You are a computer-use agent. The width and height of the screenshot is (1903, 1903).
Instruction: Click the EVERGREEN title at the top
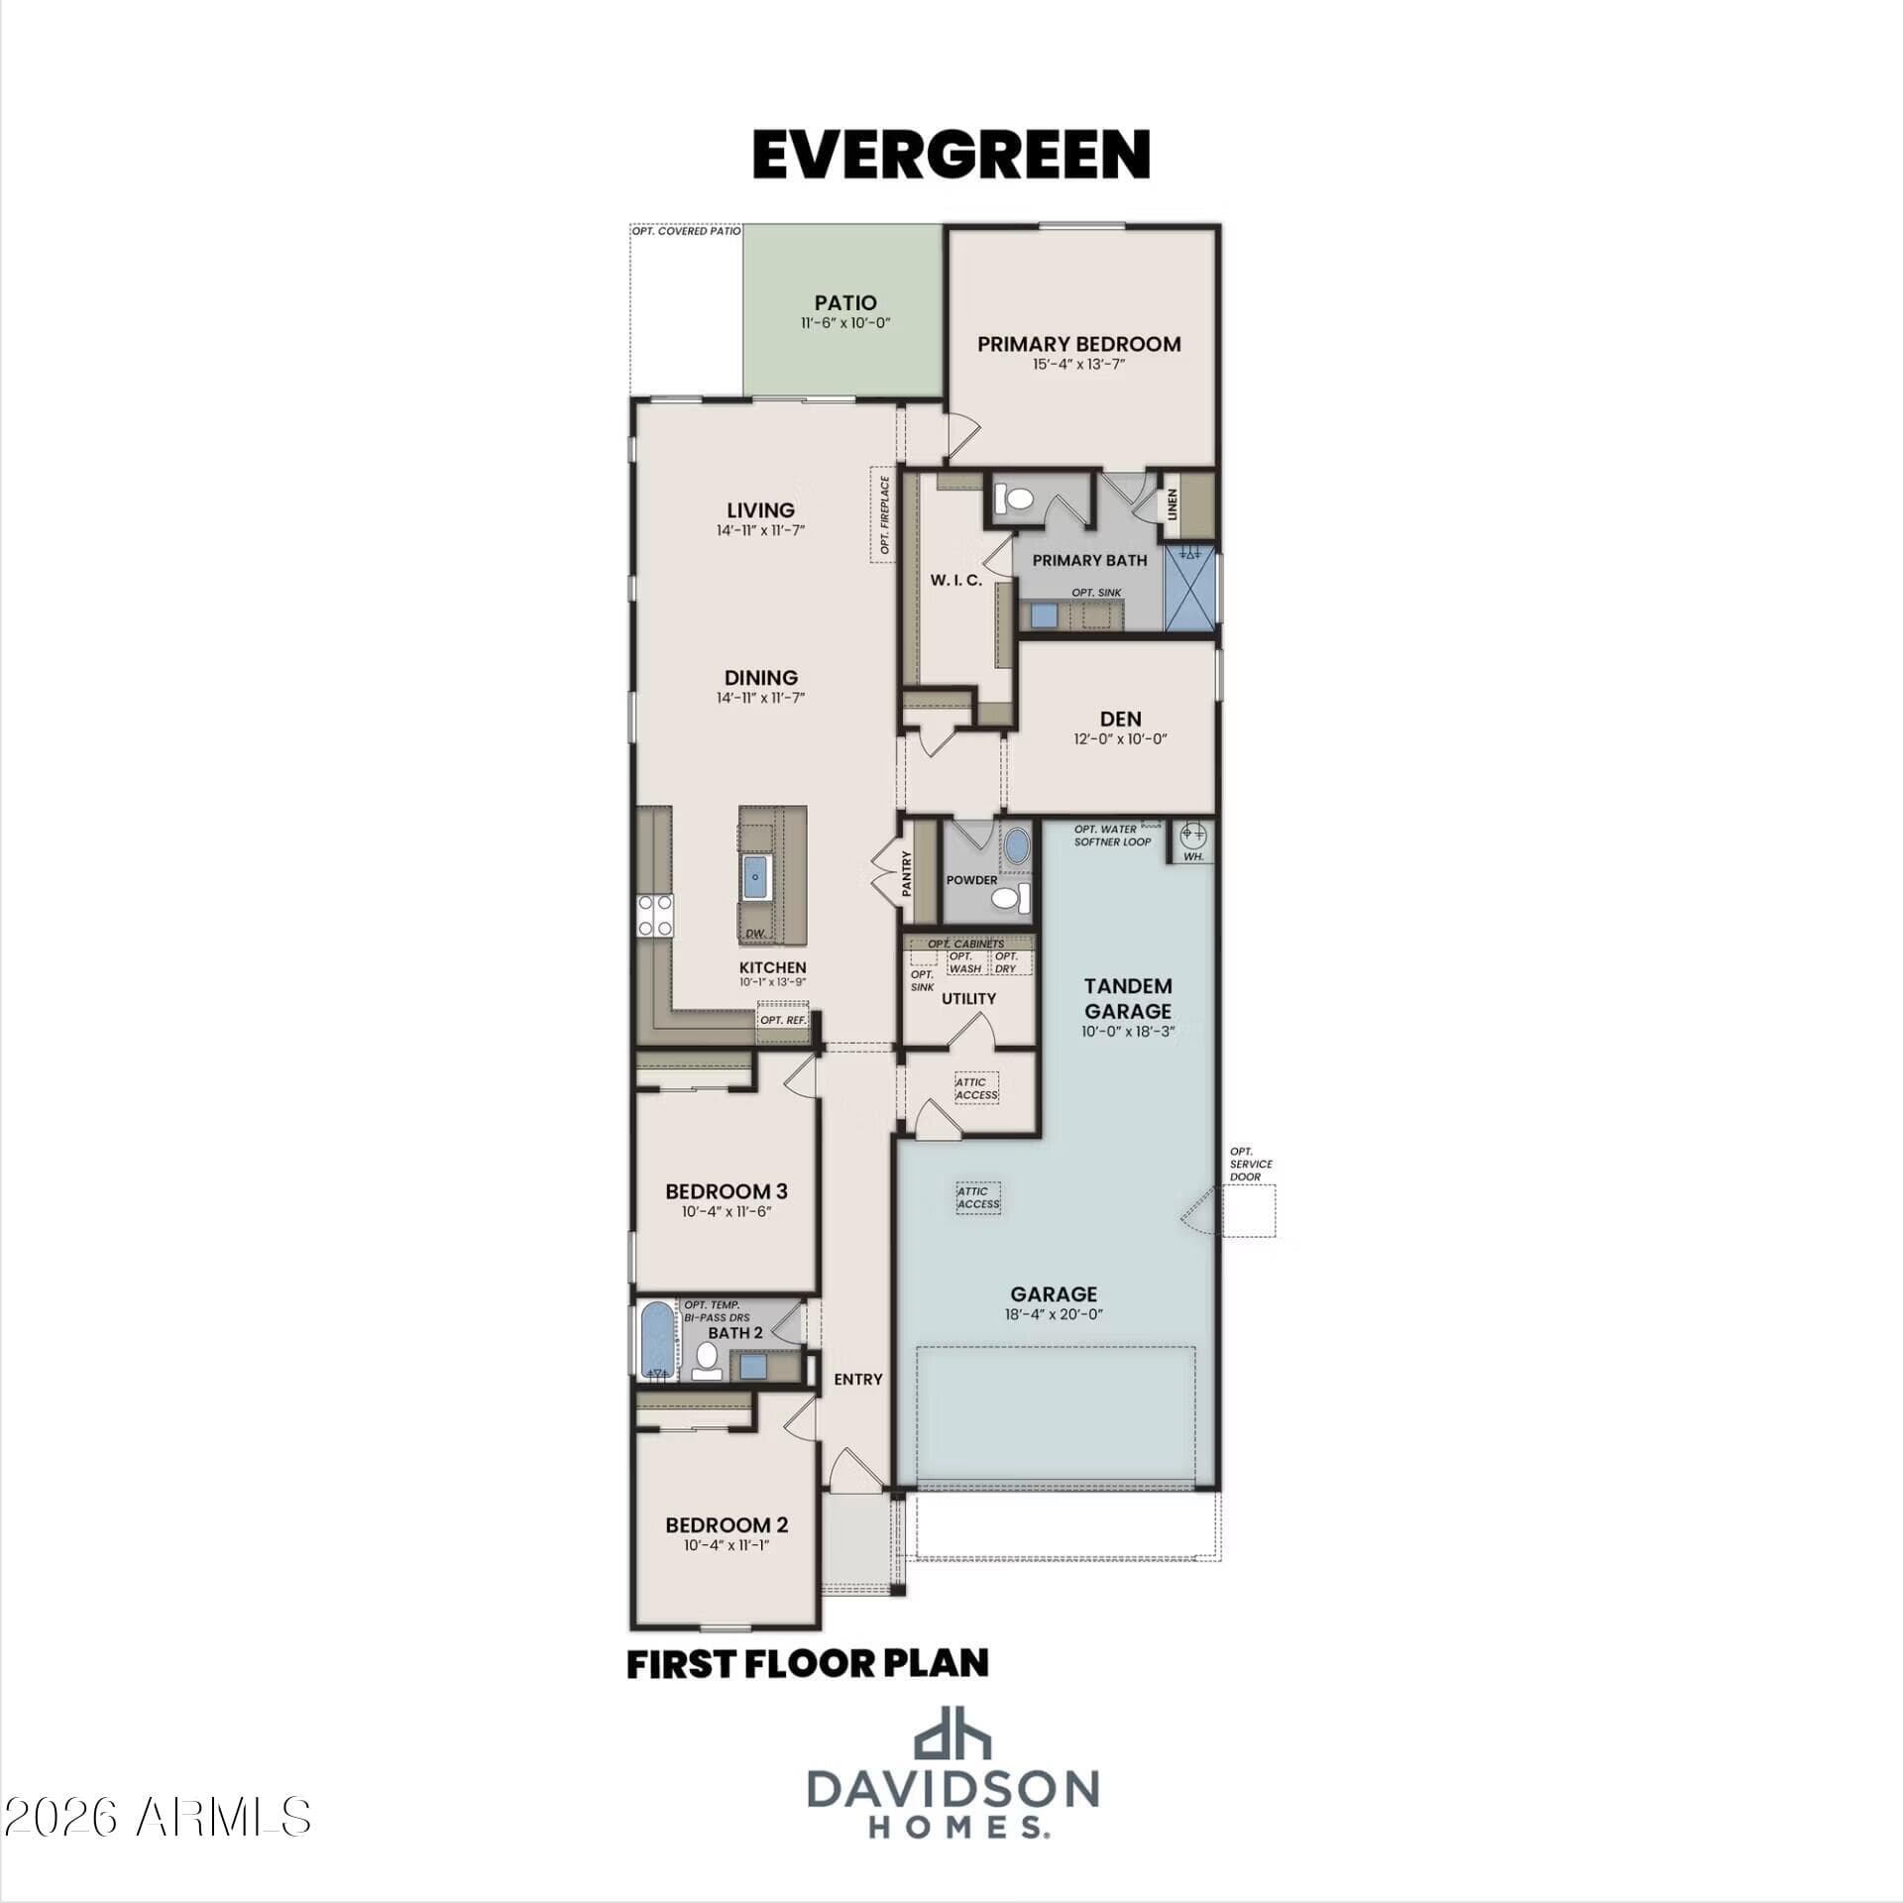[x=951, y=155]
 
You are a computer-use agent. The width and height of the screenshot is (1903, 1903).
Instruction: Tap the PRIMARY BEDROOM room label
[x=1079, y=344]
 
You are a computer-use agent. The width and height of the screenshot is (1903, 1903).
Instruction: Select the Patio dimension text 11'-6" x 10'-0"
[x=845, y=323]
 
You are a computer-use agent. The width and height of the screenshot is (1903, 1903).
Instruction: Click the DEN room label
[x=1120, y=719]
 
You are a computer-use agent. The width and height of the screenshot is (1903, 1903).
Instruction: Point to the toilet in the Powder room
[x=1010, y=898]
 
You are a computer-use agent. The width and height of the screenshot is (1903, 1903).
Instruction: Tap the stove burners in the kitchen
[x=655, y=915]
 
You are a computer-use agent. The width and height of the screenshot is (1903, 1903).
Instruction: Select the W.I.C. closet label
[x=956, y=580]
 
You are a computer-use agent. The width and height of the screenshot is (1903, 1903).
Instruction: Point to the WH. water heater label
[x=1193, y=856]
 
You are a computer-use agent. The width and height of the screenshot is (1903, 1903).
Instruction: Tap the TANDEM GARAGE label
[x=1128, y=998]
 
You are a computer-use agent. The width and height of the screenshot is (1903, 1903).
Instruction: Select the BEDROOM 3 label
[x=727, y=1190]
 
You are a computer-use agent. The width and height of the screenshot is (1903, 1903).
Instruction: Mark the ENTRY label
[x=858, y=1379]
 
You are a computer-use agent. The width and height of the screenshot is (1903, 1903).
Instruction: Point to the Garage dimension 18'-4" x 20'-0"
[x=1054, y=1314]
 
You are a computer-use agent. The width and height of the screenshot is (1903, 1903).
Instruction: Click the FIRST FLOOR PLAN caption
[x=808, y=1663]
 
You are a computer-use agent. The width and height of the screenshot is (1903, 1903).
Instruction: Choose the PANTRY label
[x=906, y=875]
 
